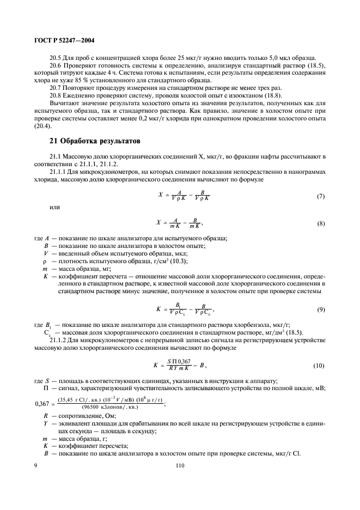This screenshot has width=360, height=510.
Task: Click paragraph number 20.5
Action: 57,58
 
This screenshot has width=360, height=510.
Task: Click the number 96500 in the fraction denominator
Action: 91,406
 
